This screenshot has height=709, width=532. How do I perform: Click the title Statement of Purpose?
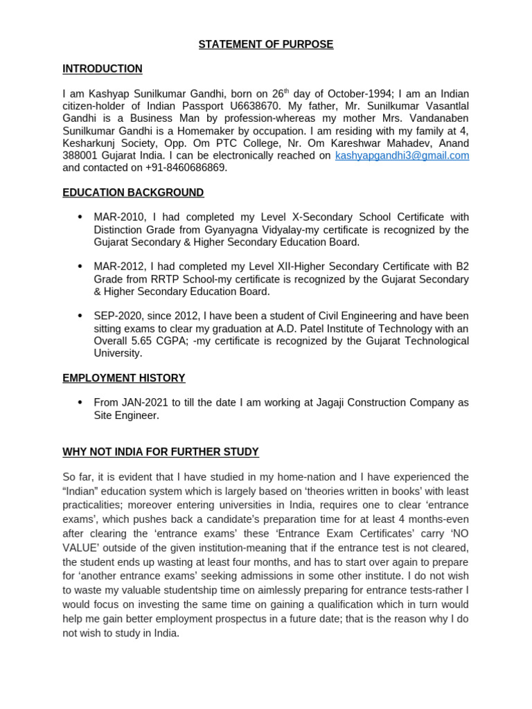coord(266,44)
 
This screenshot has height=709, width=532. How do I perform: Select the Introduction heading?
coord(103,69)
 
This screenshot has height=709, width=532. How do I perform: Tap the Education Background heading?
coord(133,192)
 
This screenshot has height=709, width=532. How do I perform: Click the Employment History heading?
coord(124,378)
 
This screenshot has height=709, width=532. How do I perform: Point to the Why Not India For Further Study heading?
coord(161,452)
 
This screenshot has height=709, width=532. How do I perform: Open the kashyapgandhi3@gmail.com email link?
coord(402,156)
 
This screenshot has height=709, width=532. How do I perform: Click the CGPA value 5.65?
coord(145,341)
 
